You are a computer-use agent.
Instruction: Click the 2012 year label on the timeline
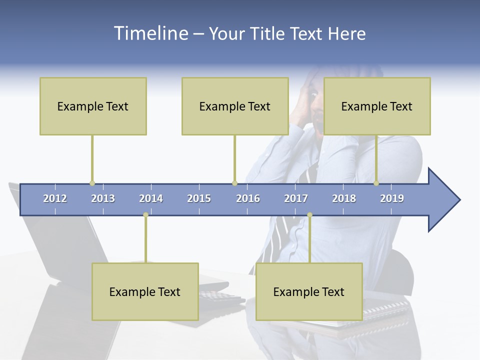(55, 198)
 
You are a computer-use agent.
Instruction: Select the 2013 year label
(103, 198)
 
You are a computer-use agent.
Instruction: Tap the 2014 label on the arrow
(151, 198)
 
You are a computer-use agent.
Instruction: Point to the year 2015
(199, 198)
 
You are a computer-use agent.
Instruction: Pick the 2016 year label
(248, 198)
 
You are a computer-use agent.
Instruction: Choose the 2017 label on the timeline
(296, 198)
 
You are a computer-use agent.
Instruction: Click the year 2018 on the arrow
(344, 198)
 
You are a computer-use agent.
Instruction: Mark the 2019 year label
(392, 198)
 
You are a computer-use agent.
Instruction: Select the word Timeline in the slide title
(150, 33)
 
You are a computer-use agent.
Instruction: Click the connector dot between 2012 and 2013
(92, 183)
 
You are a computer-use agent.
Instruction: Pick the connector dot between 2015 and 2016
(234, 183)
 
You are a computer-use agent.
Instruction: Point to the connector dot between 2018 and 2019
(376, 183)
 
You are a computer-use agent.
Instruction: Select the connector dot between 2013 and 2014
(145, 215)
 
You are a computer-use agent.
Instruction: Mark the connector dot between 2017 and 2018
(309, 215)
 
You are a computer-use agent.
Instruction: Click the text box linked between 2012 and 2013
(93, 106)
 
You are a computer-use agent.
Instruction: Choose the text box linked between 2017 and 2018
(309, 291)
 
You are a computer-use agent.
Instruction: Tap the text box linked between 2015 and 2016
(235, 106)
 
